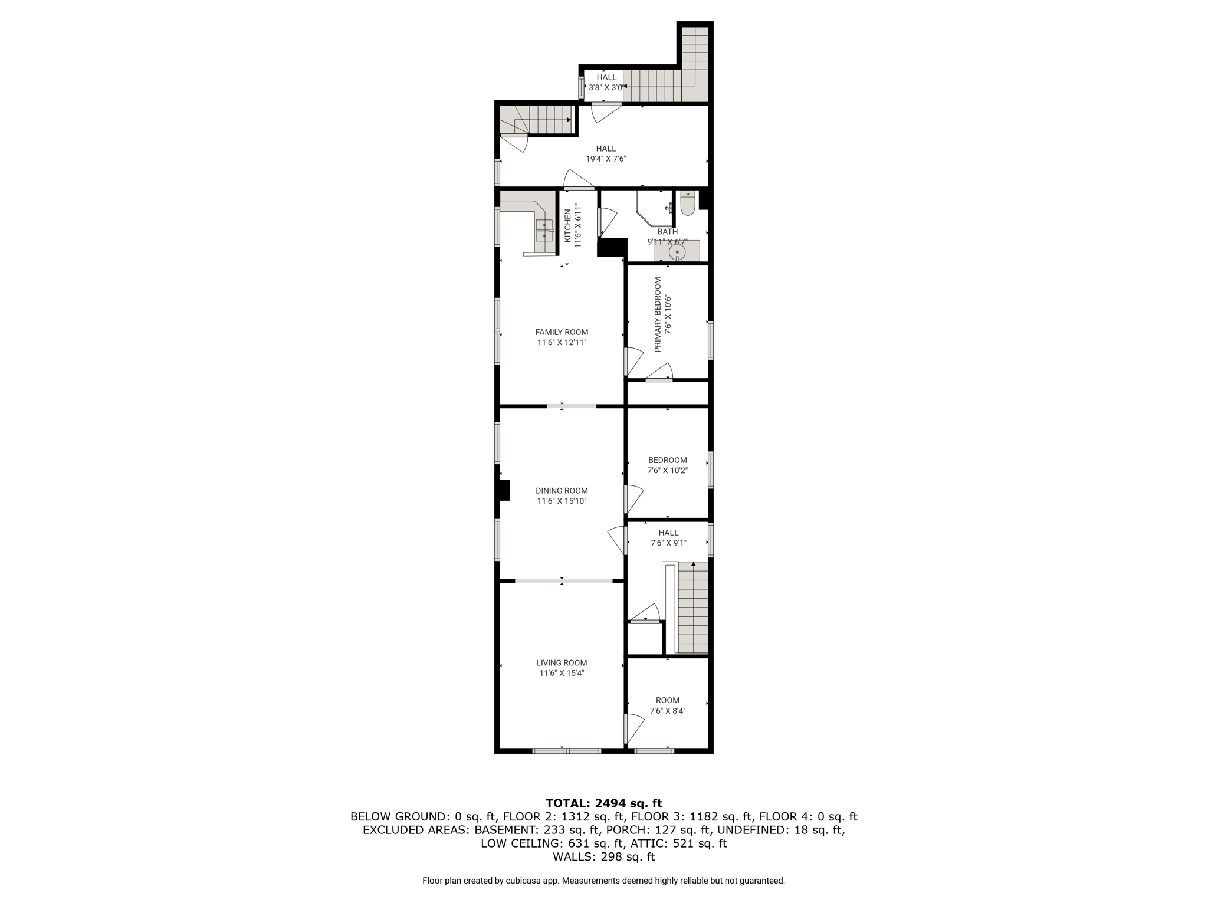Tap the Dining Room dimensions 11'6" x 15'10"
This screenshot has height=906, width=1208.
pos(562,501)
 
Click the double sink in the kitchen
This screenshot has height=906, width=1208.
pos(544,230)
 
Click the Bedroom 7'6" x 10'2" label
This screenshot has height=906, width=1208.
pos(668,465)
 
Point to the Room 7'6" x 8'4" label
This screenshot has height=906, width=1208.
pos(668,705)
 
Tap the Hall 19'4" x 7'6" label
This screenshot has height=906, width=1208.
pos(606,153)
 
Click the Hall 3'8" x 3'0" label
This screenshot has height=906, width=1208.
pos(606,82)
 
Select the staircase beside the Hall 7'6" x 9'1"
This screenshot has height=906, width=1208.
pos(692,607)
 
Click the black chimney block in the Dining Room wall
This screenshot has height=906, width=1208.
pos(504,490)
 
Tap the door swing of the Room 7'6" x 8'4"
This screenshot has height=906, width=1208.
pos(636,729)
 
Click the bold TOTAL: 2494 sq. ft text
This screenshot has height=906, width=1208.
pos(604,803)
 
